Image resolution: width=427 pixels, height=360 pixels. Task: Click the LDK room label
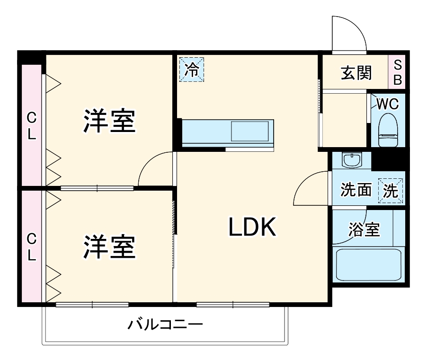click(x=252, y=227)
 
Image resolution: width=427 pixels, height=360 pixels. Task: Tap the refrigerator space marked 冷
click(x=192, y=70)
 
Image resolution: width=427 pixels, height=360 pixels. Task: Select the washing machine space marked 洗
click(x=390, y=191)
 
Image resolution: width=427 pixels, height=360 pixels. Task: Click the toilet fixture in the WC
click(x=388, y=130)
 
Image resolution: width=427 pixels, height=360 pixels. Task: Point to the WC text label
click(x=388, y=104)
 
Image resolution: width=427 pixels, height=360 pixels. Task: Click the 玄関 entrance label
click(x=356, y=73)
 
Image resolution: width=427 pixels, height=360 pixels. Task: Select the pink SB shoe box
click(x=397, y=72)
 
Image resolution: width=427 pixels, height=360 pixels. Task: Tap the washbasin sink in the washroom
click(x=352, y=160)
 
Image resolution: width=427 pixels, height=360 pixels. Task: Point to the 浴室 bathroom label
click(x=364, y=229)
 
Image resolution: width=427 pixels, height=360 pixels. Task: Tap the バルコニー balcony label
click(x=166, y=325)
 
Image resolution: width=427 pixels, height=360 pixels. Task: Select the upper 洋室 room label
click(x=109, y=121)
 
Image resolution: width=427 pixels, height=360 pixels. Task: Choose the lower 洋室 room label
click(x=109, y=246)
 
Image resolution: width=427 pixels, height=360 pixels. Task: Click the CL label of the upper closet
click(x=32, y=126)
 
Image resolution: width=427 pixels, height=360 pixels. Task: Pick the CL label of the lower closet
click(x=32, y=247)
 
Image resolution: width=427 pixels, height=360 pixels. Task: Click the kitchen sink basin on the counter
click(x=250, y=131)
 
